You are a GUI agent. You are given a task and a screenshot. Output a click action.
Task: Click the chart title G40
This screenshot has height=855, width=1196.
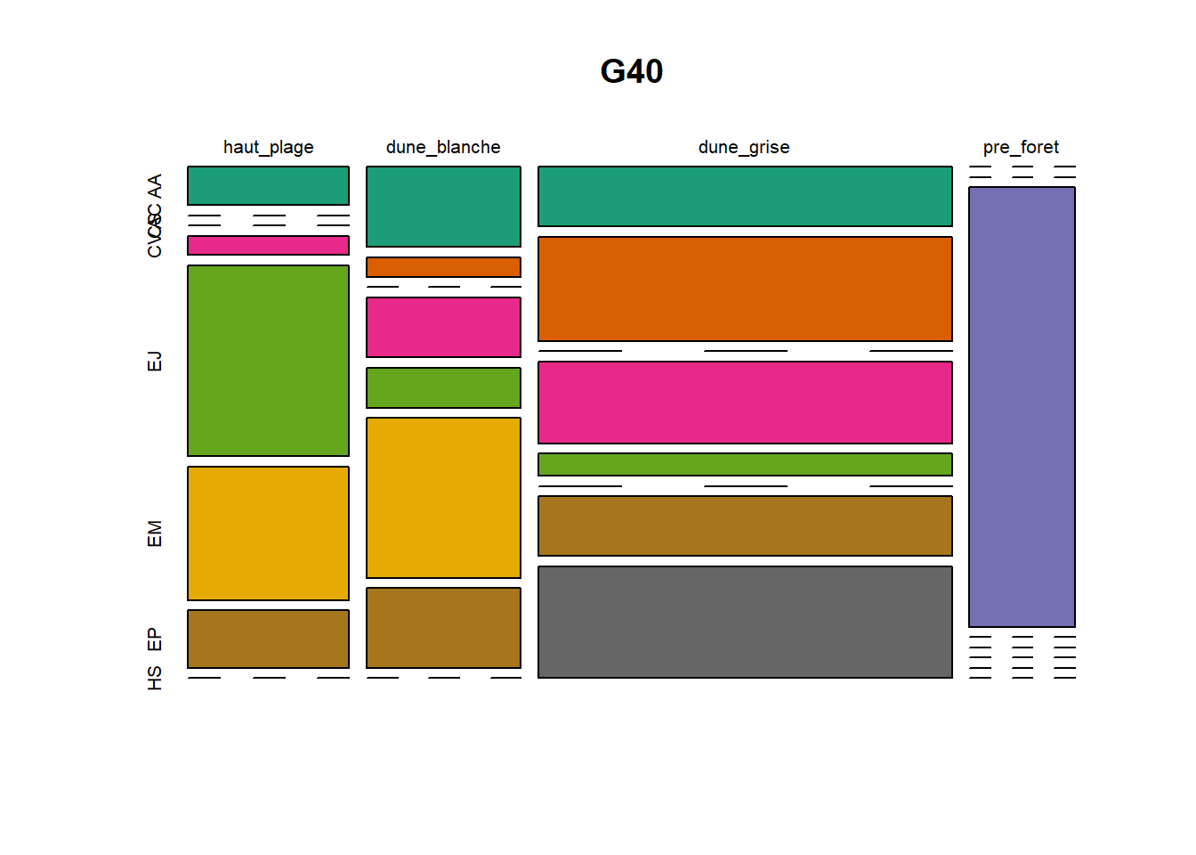tap(631, 71)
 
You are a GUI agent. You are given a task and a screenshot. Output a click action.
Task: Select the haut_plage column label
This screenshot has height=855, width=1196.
tap(268, 147)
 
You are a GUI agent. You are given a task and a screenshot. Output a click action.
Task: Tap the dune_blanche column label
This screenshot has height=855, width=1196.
tap(443, 147)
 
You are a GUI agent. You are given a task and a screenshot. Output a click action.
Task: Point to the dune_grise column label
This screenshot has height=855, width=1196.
tap(744, 147)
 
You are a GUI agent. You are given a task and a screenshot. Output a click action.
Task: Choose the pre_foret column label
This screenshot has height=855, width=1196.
tap(1021, 147)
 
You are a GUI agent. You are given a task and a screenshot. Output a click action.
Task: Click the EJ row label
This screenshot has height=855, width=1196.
tap(155, 361)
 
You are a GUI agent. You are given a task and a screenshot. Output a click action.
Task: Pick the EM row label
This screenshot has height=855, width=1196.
tap(155, 533)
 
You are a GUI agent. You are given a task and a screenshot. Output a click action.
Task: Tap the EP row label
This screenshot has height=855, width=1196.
tap(155, 639)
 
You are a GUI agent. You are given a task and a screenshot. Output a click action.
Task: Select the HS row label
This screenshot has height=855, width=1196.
tap(155, 678)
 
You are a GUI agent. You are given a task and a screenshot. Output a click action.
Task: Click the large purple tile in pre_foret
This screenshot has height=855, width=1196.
tap(1022, 407)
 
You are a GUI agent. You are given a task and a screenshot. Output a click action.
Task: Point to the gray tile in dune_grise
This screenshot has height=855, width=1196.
tap(745, 622)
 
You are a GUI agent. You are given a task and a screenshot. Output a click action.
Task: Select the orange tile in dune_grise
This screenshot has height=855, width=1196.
tap(745, 289)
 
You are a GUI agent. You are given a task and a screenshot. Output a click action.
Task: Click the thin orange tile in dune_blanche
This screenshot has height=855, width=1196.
tap(443, 267)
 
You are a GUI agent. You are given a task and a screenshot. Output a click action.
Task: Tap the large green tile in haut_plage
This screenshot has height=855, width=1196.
tap(268, 361)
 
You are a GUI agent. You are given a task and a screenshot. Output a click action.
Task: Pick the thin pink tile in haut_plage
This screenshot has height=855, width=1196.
tap(268, 246)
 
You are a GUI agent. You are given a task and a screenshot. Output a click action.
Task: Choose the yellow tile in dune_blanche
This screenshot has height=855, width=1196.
tap(443, 498)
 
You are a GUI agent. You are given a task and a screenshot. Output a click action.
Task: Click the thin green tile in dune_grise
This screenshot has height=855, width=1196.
tap(745, 464)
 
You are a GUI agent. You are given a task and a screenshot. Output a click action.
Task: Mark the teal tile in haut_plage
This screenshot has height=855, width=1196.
tap(268, 185)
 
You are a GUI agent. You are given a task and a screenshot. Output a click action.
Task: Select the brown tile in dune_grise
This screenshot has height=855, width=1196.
tap(745, 525)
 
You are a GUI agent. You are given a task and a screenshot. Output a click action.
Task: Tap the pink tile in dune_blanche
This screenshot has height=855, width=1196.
tap(443, 327)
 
